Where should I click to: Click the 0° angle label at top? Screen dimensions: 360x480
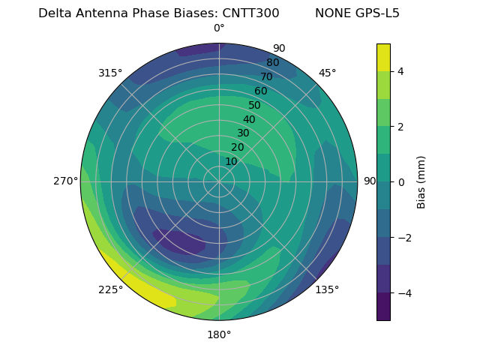pos(219,28)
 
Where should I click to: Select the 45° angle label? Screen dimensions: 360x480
pos(327,73)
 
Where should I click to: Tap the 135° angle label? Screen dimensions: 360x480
pos(327,289)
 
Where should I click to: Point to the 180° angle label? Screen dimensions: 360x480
pos(219,334)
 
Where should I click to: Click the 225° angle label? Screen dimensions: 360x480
pos(110,289)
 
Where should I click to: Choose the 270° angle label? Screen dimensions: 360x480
pos(65,181)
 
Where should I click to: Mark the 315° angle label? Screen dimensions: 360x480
pos(110,73)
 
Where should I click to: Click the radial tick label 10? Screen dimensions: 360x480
pos(231,161)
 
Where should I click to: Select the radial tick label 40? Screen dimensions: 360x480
pos(249,119)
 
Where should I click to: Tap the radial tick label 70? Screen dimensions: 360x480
pos(266,76)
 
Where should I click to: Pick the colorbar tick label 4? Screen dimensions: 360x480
pos(401,71)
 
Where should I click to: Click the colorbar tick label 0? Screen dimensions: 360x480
pos(401,182)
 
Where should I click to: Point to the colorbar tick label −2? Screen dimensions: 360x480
pos(404,238)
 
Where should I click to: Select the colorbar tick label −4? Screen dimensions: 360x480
pos(404,293)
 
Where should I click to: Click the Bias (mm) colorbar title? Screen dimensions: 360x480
pos(421,182)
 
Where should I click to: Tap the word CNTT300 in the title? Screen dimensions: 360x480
pos(250,13)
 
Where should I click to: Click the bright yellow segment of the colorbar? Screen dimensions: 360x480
pos(383,57)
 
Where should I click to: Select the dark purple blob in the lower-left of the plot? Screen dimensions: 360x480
pos(180,241)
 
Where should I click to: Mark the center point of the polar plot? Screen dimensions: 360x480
pos(219,181)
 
